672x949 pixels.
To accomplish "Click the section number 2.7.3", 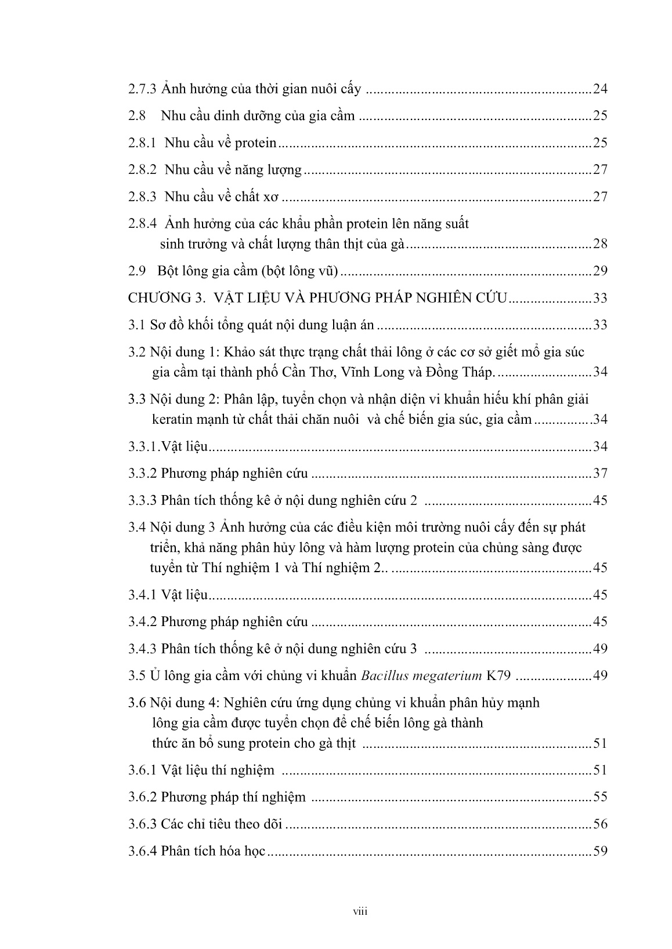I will (x=142, y=89).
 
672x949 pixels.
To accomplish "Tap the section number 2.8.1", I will (x=142, y=143).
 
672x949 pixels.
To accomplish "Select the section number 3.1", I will (x=136, y=325).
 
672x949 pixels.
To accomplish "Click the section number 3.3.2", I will (x=142, y=474).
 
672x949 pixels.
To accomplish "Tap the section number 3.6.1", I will (x=142, y=770).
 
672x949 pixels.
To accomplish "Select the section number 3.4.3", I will (x=142, y=649).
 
